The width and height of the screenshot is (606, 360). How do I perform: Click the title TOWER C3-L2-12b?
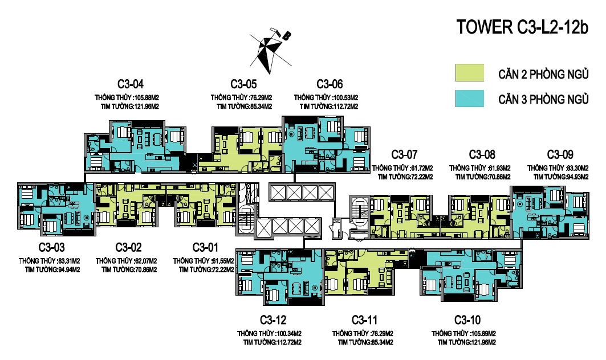(x=522, y=27)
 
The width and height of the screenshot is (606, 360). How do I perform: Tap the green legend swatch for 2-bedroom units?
(x=470, y=72)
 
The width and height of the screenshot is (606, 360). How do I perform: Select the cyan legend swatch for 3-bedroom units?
(x=470, y=99)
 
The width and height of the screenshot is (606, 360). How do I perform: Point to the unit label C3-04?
(x=130, y=84)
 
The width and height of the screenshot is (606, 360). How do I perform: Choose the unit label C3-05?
(x=243, y=84)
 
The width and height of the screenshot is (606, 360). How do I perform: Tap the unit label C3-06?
(x=330, y=84)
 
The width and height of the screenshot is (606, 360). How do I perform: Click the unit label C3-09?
(x=560, y=154)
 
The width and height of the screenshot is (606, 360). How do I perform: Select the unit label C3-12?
(x=273, y=320)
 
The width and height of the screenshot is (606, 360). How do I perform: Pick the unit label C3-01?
(x=205, y=247)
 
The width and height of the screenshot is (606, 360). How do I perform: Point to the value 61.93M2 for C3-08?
(x=499, y=169)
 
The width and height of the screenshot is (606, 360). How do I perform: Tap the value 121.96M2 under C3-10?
(x=483, y=342)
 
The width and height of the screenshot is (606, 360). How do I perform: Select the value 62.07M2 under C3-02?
(x=146, y=261)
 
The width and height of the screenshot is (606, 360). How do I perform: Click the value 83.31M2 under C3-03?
(x=69, y=261)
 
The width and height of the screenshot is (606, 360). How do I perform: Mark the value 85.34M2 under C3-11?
(x=382, y=342)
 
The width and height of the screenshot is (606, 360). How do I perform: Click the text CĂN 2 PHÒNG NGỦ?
(x=543, y=74)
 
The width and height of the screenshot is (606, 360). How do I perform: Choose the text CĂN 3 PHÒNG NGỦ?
(x=543, y=100)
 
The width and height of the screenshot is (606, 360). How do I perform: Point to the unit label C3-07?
(x=404, y=154)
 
